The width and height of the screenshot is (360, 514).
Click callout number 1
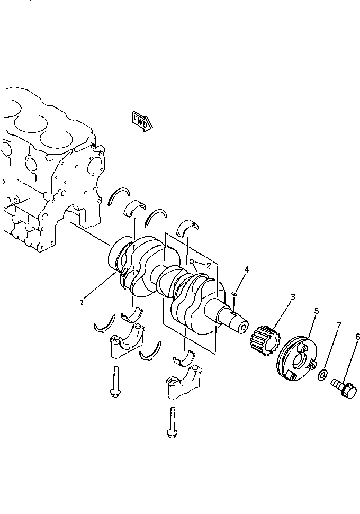(82, 302)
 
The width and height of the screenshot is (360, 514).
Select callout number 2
(209, 266)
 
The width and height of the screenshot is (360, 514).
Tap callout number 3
(246, 269)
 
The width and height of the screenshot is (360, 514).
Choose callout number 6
(339, 324)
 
